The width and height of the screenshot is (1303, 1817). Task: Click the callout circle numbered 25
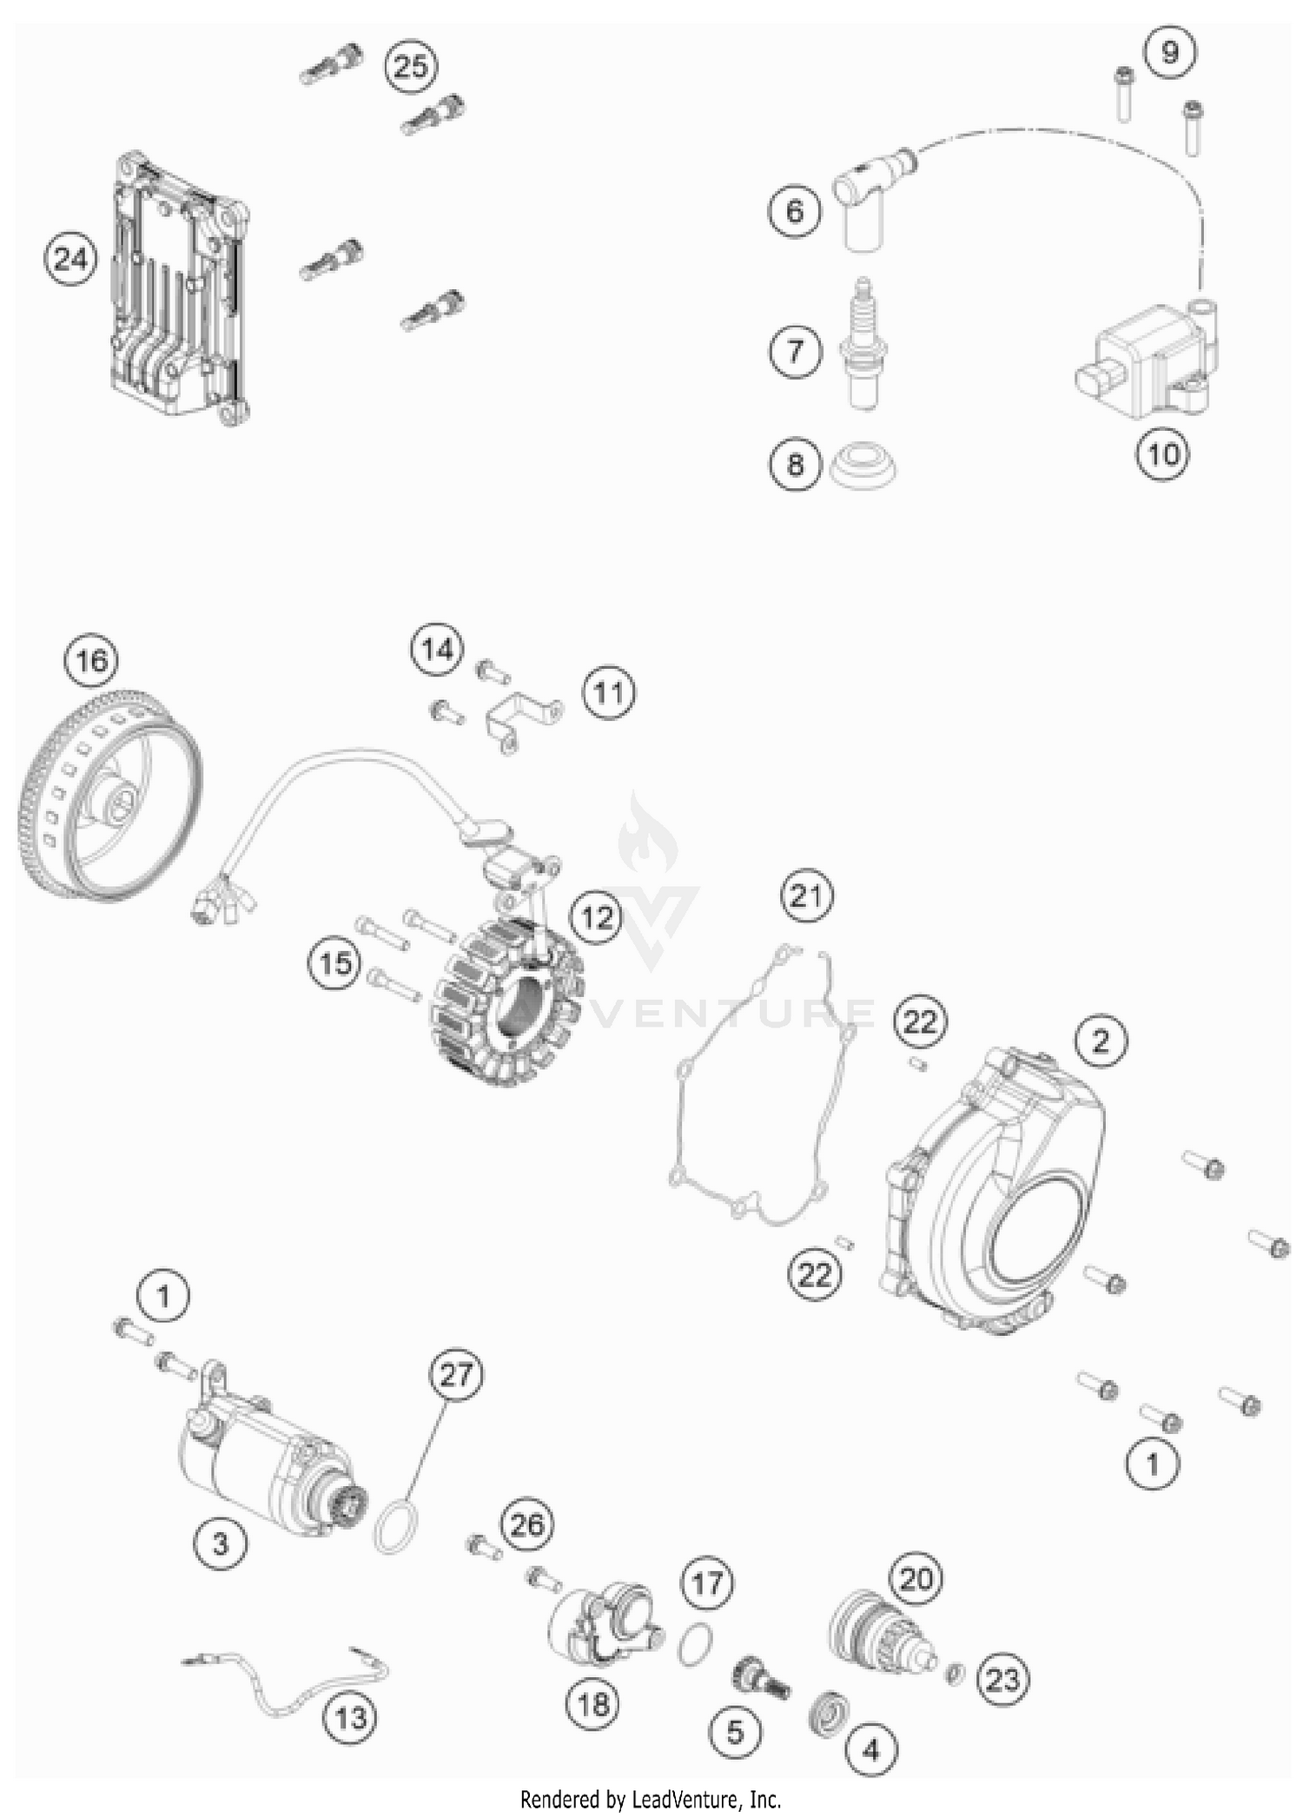412,66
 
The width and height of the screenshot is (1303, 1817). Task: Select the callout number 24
70,259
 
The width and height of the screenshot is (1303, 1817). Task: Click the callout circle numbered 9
1169,52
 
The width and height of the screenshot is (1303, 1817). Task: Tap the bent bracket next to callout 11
519,717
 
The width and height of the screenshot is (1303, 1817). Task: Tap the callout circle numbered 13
351,1716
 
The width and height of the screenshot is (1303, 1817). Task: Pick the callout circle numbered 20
916,1578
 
